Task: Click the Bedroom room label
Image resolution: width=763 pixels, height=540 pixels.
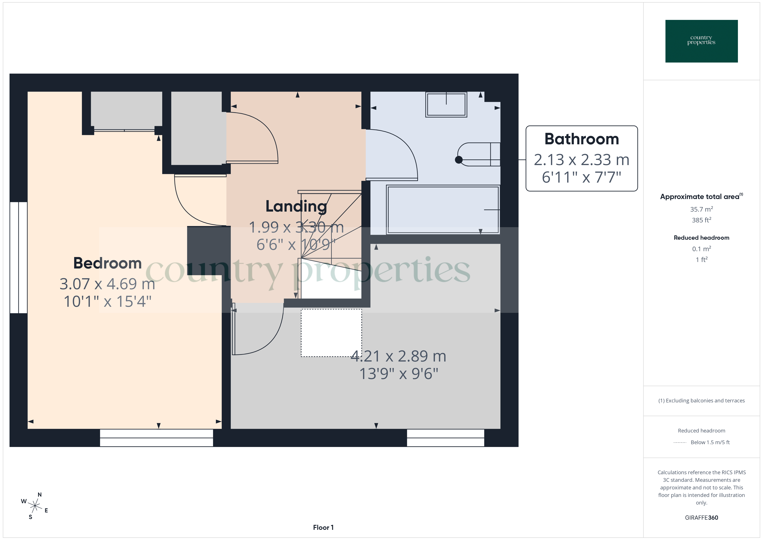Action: pos(107,263)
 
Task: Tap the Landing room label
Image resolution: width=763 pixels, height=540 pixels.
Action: pos(296,206)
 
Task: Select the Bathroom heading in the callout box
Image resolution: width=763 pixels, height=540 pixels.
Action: pos(582,139)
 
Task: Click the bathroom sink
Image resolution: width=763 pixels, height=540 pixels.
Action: pos(446,104)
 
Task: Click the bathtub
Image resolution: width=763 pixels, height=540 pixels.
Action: pos(443,209)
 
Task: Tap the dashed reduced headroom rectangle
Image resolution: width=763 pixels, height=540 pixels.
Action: pos(331,333)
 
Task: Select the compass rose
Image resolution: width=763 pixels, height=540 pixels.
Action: pos(35,506)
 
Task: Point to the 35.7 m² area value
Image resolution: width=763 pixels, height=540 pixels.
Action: pos(701,209)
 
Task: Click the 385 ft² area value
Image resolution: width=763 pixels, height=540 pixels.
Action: pos(701,220)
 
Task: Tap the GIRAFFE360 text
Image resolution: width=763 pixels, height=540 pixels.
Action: pos(701,517)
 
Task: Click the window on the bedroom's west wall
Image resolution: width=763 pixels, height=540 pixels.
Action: pos(19,257)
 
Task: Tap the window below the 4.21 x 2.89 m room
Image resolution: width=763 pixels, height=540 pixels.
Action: pos(445,438)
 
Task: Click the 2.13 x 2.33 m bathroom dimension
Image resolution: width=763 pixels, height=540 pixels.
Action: pos(582,160)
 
